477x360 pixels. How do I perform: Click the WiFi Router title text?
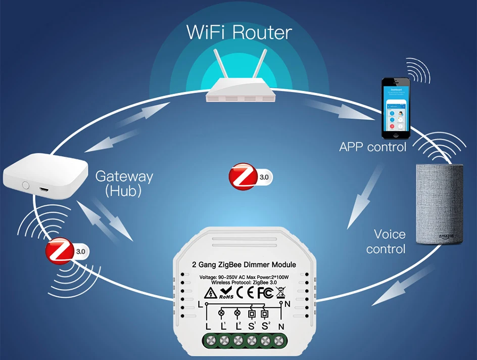coord(239,32)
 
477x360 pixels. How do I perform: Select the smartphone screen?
coord(395,108)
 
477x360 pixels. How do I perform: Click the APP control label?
coord(372,148)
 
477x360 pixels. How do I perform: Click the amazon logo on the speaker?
coord(446,236)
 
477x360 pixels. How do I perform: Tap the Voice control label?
coord(389,242)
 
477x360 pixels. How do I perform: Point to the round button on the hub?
coord(25,185)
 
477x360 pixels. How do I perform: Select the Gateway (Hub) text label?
coord(124,184)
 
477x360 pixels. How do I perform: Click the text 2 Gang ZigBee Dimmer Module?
coord(244,264)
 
